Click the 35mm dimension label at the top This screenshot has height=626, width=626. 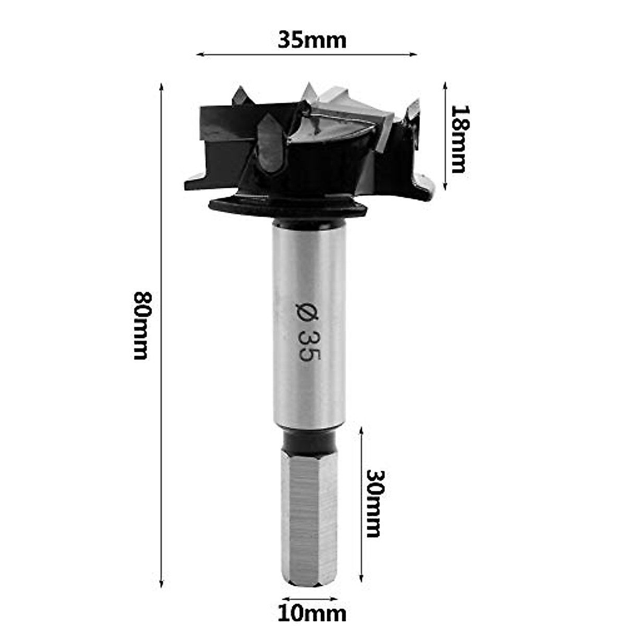tap(311, 40)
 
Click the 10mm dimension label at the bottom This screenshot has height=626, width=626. tap(311, 613)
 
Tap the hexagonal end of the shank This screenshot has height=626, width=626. tap(309, 516)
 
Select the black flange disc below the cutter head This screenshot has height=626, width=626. tap(288, 208)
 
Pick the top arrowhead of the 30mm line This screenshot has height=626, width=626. tap(361, 429)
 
